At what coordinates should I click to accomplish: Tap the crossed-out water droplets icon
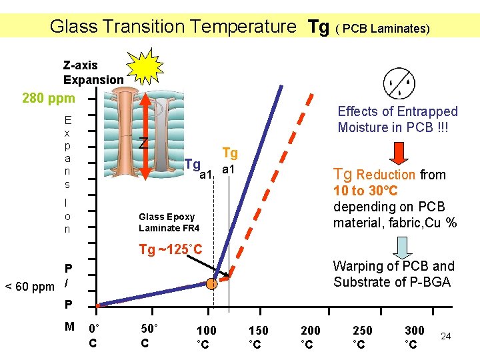399,84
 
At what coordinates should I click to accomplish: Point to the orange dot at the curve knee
211,283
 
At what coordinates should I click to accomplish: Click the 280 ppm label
49,99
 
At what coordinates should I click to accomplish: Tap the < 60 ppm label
30,287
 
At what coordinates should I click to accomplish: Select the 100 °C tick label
206,337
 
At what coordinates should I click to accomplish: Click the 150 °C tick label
258,337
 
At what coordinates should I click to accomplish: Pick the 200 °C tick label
310,337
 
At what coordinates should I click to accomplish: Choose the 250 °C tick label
362,337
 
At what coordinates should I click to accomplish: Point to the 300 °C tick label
414,337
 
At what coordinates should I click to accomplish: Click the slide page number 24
446,336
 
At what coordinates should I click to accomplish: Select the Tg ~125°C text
170,250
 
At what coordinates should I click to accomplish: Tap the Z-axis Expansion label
93,73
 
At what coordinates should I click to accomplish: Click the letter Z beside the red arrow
143,143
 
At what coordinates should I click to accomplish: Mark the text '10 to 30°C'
369,191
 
